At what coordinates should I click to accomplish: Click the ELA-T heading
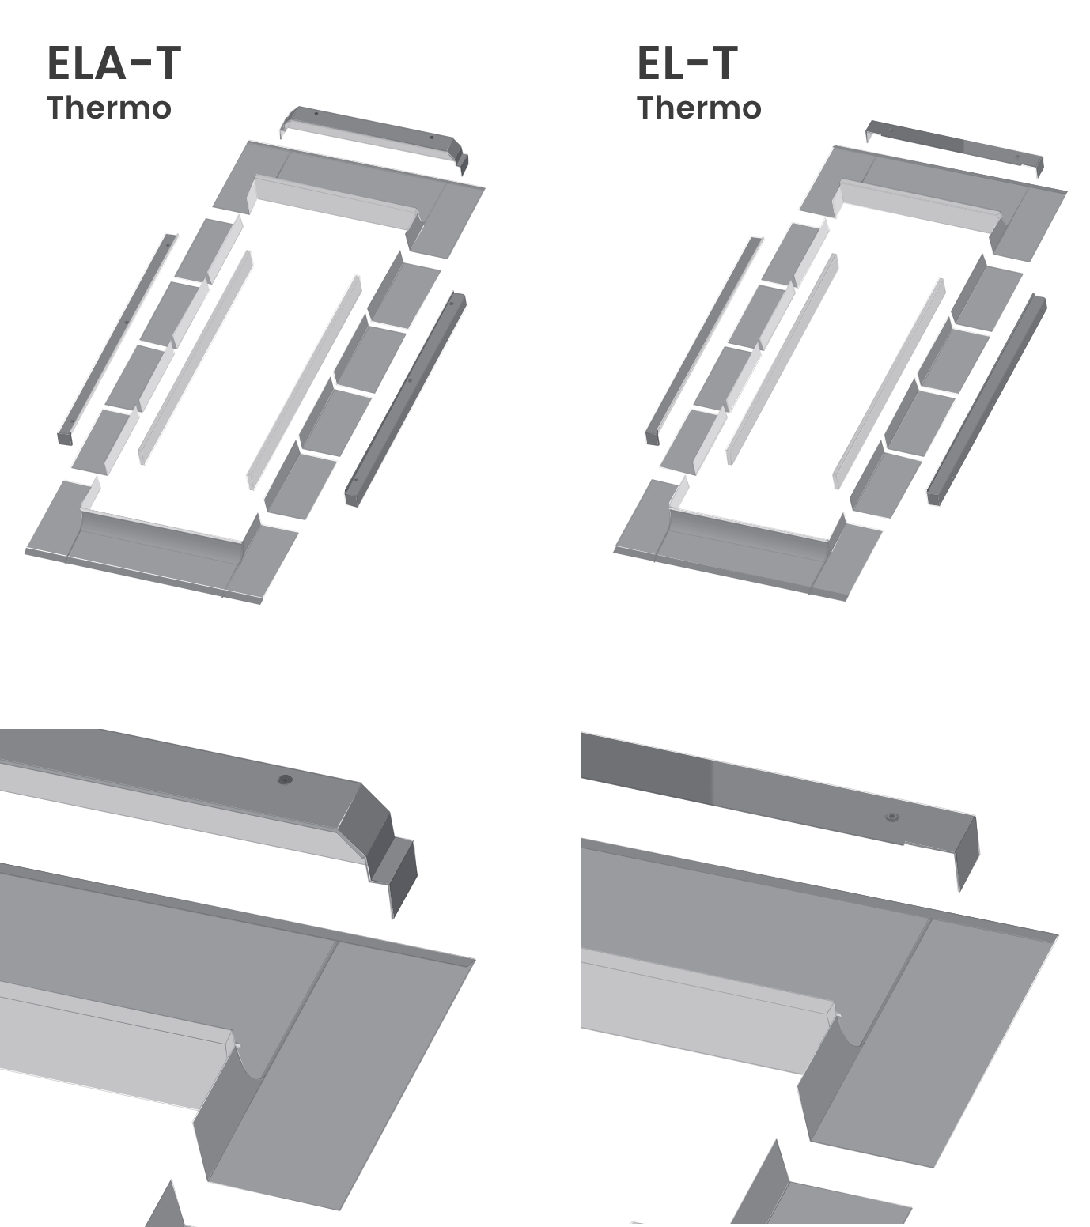click(114, 63)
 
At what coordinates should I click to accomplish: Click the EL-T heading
click(687, 63)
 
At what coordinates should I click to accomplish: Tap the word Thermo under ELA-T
click(109, 108)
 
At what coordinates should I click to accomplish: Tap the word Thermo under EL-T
click(699, 108)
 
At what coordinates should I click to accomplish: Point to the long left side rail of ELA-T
click(116, 339)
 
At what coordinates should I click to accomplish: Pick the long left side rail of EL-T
click(704, 340)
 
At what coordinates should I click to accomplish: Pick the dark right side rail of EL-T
click(987, 399)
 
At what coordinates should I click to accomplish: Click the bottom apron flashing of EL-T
click(745, 544)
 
